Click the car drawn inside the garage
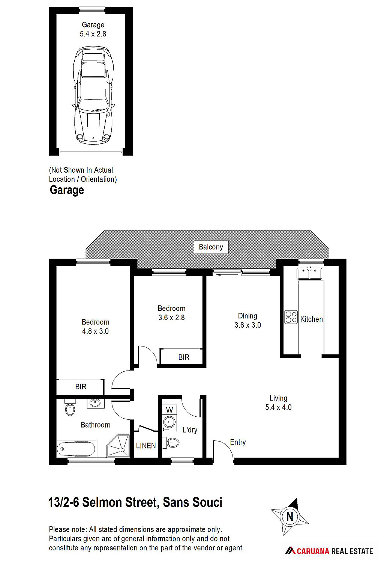pos(93,95)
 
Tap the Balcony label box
pos(211,247)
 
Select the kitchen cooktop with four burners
pos(291,317)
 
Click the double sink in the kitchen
pos(309,273)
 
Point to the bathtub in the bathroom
pos(76,449)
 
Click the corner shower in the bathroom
pos(118,446)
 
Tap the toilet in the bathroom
pos(70,407)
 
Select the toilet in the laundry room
pos(171,443)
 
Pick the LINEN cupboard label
pos(146,446)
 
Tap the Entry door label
pos(238,442)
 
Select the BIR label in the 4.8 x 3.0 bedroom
pos(81,387)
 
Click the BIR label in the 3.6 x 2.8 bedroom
pos(184,357)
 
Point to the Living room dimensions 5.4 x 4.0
pos(278,407)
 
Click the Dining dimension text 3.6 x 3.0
pos(247,325)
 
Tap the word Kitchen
pos(311,319)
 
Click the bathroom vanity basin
pos(95,403)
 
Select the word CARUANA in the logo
pos(313,551)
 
